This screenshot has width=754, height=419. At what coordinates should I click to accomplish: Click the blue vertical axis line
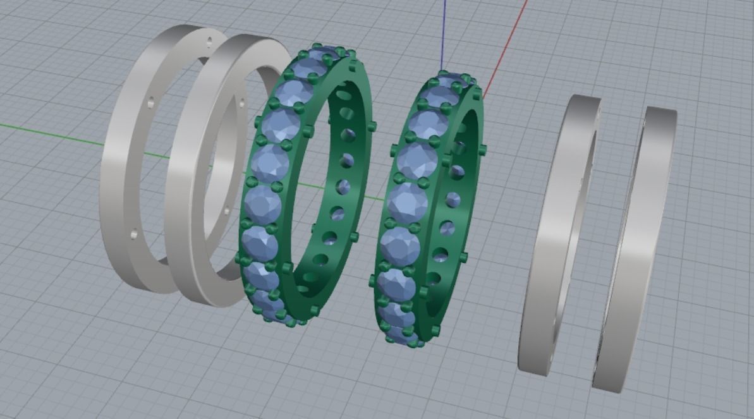coord(444,32)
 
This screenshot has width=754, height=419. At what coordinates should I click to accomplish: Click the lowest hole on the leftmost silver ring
coord(133,235)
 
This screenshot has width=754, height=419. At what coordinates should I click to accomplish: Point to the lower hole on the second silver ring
coord(226,210)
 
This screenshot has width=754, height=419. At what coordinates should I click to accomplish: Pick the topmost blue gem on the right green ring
coord(452,82)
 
